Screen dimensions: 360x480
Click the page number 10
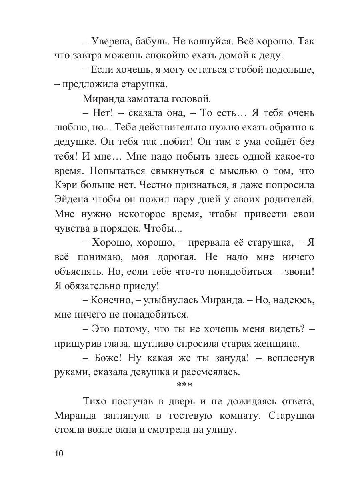(59, 454)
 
